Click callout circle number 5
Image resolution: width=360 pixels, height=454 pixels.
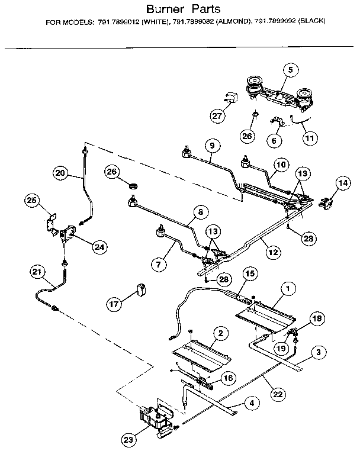[291, 70]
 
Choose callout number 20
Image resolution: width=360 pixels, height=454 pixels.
[60, 173]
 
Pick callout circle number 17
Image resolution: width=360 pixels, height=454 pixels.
[113, 304]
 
